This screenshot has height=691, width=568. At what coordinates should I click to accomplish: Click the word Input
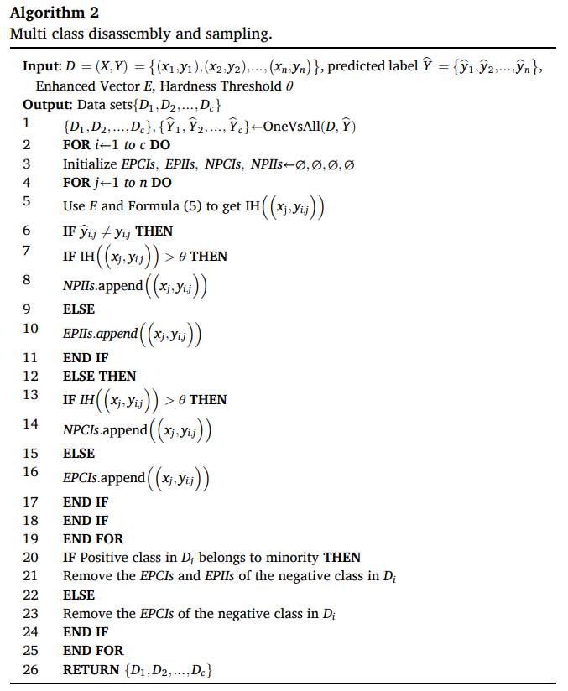(41, 67)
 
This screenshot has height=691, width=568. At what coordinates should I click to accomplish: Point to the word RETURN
(90, 670)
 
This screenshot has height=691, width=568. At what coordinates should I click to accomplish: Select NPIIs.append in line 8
(102, 286)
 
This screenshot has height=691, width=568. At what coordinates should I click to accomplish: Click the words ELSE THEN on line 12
(99, 377)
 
